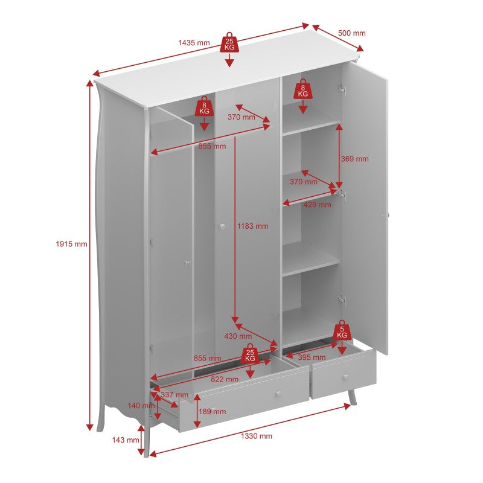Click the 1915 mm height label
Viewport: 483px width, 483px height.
(71, 244)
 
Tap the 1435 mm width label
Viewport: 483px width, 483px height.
(194, 43)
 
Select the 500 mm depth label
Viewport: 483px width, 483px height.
(352, 33)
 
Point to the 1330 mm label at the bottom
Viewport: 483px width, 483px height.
(257, 436)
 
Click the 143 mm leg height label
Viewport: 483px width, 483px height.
(126, 440)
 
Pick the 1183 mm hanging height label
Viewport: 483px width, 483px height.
(252, 226)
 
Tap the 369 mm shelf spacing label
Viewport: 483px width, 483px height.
(354, 159)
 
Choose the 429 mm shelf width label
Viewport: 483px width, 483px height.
(318, 205)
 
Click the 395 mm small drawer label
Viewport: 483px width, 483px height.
(312, 357)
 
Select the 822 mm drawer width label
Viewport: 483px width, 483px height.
(225, 379)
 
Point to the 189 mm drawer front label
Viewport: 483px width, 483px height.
(213, 411)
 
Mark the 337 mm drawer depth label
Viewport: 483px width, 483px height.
(174, 395)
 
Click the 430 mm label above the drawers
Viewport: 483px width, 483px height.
(238, 336)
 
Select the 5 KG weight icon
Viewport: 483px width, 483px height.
(342, 330)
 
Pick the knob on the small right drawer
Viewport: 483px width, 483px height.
(346, 377)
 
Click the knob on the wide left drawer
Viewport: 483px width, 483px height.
(278, 394)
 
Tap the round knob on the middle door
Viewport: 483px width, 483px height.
(222, 227)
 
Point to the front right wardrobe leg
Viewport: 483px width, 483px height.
(353, 398)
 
